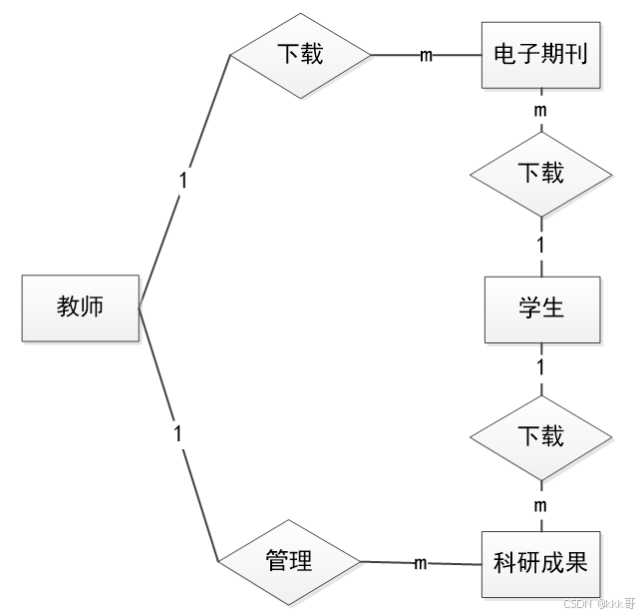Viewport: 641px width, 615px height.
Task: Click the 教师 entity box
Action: tap(81, 307)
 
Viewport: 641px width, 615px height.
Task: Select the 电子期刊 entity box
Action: tap(541, 55)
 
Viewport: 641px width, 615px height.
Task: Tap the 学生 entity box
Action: tap(541, 307)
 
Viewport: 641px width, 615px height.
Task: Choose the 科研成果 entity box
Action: tap(541, 564)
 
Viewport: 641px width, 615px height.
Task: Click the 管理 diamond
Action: tap(289, 562)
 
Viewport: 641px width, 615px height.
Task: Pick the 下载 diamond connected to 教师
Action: tap(299, 54)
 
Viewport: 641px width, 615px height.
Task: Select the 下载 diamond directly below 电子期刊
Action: tap(541, 174)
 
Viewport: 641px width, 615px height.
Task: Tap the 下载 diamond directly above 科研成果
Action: tap(541, 436)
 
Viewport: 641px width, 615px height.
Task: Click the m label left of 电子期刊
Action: tap(426, 56)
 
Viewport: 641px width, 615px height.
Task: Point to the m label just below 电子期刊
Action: tap(541, 109)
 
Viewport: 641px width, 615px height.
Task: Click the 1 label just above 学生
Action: tap(541, 245)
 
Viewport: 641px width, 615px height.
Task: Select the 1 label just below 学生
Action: tap(541, 367)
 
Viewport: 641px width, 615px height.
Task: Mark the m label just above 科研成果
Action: tap(541, 506)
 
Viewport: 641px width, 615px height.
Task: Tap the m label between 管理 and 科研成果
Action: tap(420, 564)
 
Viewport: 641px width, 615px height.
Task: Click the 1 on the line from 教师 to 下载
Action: tap(183, 181)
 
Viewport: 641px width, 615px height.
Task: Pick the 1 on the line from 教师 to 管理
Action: tap(178, 434)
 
